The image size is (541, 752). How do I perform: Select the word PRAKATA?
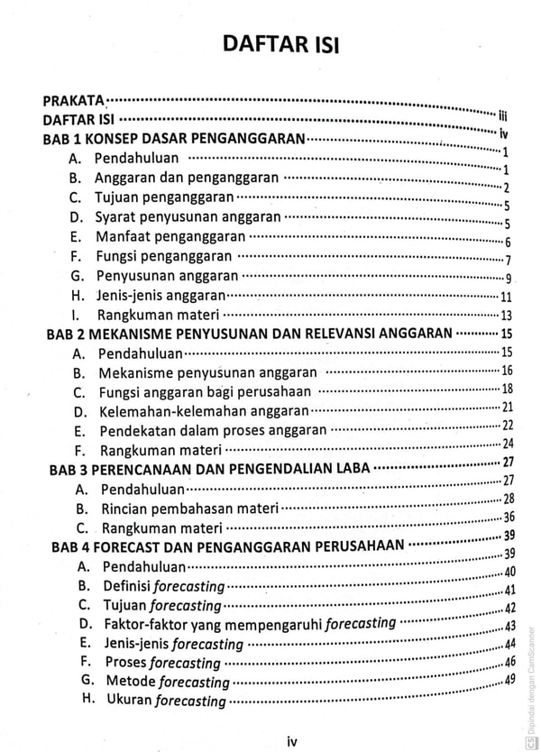tap(74, 100)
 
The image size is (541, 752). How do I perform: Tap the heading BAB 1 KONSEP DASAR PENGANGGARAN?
tap(174, 139)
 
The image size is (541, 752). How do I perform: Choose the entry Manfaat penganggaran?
tap(170, 237)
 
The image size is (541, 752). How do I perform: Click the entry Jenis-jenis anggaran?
tap(160, 295)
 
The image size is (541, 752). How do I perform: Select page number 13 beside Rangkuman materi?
tap(506, 315)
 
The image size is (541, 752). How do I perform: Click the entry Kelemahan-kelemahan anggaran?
tap(198, 410)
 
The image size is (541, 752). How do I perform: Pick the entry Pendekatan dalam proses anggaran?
tap(214, 429)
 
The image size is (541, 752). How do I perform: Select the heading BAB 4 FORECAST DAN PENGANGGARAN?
tap(227, 546)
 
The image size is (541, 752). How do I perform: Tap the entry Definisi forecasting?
tap(162, 586)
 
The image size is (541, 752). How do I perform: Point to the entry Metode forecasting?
tap(168, 682)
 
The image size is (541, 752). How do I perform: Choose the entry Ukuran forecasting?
tap(166, 701)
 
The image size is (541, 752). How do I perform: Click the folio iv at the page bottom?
tap(291, 741)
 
